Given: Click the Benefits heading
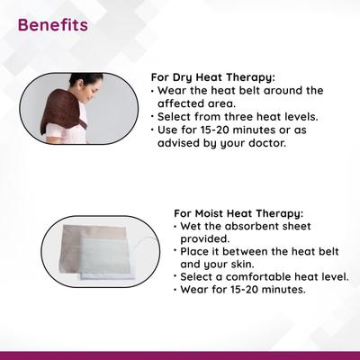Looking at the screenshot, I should click(52, 24).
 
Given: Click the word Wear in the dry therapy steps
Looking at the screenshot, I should click(174, 90).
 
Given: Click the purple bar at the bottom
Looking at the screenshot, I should click(180, 355).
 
